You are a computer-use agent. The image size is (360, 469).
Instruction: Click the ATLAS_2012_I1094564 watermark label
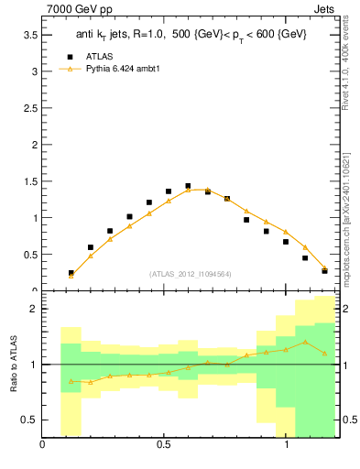tap(189, 274)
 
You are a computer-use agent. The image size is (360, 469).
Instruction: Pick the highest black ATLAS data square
tap(188, 186)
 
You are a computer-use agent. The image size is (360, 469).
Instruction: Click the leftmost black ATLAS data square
tap(71, 273)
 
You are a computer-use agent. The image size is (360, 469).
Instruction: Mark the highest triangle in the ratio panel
tap(305, 342)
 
